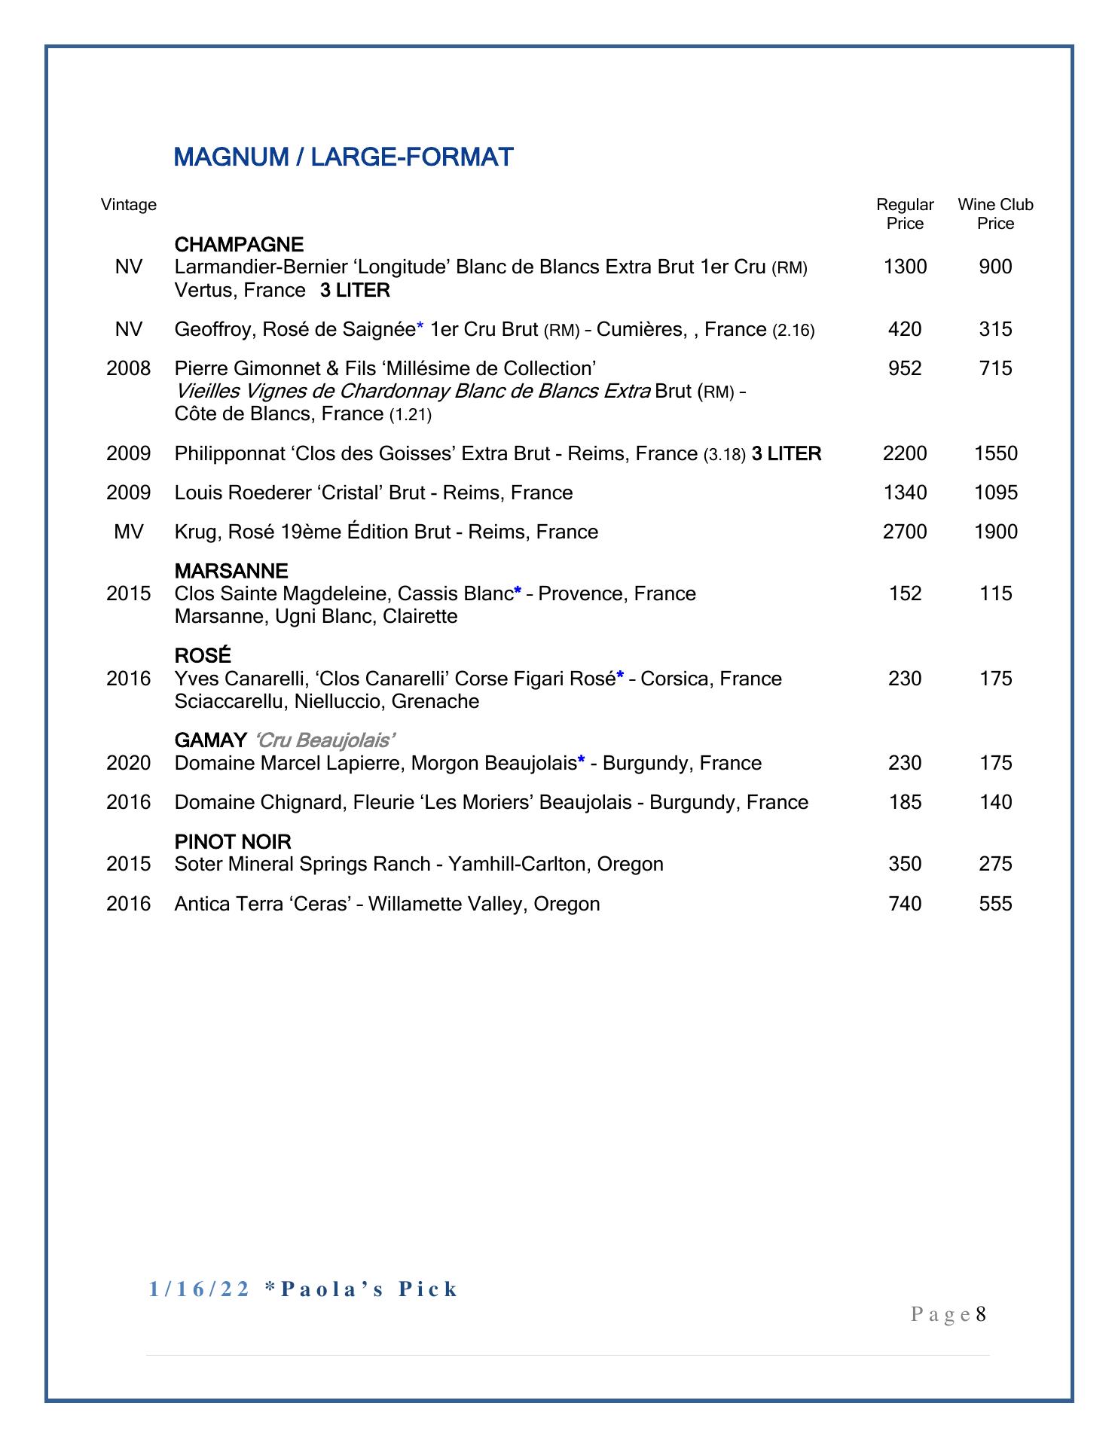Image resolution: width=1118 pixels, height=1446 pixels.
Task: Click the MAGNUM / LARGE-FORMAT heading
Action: [x=344, y=157]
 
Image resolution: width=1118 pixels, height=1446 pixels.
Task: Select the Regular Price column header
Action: [x=905, y=214]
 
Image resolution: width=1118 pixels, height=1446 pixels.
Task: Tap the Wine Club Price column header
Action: [x=995, y=214]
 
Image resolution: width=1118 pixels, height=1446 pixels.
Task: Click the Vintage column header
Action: [x=129, y=205]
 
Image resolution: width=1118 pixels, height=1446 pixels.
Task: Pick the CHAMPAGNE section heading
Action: [x=239, y=245]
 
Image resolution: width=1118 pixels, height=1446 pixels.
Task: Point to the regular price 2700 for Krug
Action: [x=905, y=532]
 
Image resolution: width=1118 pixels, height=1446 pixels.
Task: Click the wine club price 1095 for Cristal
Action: [x=995, y=493]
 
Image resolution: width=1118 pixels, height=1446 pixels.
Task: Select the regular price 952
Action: [x=905, y=369]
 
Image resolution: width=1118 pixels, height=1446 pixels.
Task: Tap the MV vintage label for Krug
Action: [x=129, y=532]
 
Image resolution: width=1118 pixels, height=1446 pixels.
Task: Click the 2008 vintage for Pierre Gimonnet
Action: [x=129, y=369]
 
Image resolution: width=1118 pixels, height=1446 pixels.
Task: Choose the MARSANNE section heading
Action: [x=231, y=572]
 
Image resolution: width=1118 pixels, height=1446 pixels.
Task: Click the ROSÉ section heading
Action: [x=203, y=656]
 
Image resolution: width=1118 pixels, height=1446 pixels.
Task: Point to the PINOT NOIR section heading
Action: [x=233, y=842]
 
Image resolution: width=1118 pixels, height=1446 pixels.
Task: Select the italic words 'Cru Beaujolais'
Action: [x=326, y=741]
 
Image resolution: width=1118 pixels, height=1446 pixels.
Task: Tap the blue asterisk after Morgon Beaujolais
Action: [x=581, y=762]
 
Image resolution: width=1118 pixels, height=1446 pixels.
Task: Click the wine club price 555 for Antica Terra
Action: [x=995, y=904]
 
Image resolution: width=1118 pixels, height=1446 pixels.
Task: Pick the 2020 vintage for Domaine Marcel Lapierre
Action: [x=129, y=764]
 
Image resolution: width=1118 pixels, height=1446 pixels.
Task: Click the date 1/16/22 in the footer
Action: [x=200, y=1290]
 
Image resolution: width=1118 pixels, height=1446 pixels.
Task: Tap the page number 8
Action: [x=981, y=1315]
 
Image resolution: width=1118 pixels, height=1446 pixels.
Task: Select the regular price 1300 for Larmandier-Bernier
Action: [x=905, y=267]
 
